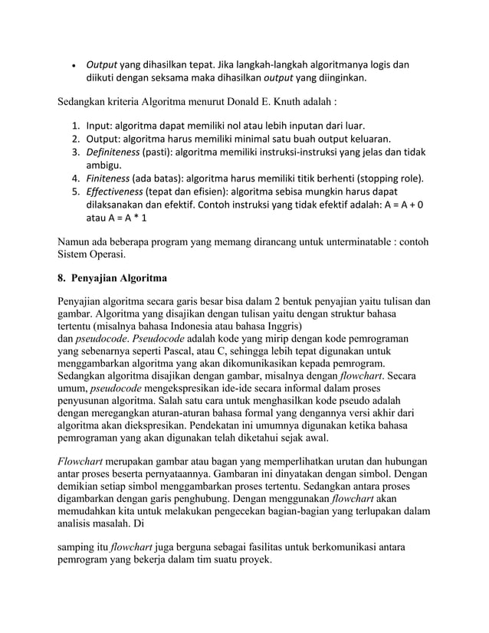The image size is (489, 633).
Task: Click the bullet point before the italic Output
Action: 73,65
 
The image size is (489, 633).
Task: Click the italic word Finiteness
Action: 108,179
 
